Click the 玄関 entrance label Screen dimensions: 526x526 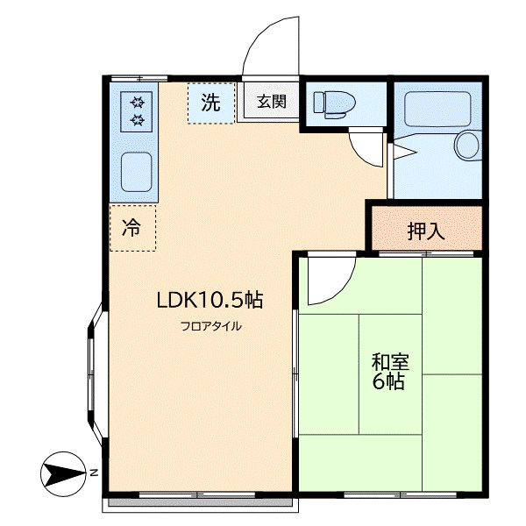coord(272,102)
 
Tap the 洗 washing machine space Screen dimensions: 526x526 coord(211,103)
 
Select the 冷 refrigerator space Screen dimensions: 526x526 coord(132,228)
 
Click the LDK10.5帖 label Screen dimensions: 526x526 coord(210,300)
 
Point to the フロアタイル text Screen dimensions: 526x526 coord(211,326)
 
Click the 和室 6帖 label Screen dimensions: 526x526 coord(389,372)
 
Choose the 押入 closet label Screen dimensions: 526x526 coord(426,231)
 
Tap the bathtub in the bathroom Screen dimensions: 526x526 coord(437,109)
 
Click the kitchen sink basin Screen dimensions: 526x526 coord(136,172)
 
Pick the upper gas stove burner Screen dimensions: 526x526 coord(138,102)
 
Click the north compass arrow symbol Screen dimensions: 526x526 coord(62,474)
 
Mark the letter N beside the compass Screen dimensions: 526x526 coord(94,473)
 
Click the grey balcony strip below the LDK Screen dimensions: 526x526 coord(200,502)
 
